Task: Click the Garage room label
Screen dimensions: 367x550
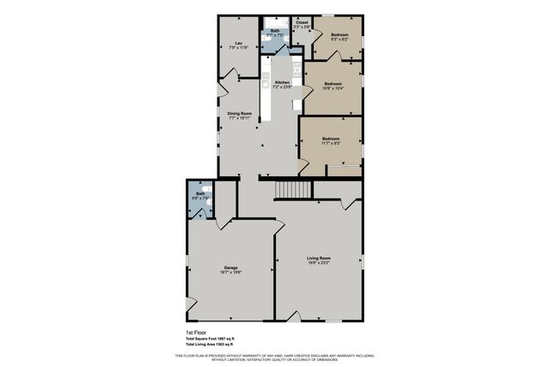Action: pos(231,267)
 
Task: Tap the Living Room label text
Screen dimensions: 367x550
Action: pos(319,258)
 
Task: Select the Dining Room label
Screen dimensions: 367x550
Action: pos(239,113)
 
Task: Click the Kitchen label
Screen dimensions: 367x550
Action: pos(282,83)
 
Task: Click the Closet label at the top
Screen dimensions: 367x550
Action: pos(302,23)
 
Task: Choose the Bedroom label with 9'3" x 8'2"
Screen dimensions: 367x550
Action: pos(339,34)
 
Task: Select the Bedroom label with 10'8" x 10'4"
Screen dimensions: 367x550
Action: pos(333,83)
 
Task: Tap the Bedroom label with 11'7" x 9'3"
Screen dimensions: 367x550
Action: pos(331,138)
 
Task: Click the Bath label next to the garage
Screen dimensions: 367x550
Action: pos(199,194)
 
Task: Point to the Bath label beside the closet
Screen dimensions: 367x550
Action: pos(275,31)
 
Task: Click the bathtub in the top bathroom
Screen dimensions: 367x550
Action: pos(275,21)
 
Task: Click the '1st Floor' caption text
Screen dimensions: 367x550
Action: pos(196,332)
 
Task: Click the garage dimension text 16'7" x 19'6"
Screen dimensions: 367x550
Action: pos(231,272)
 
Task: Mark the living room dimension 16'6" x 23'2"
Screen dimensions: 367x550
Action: pos(319,263)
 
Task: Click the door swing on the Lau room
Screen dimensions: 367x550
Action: pos(225,86)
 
